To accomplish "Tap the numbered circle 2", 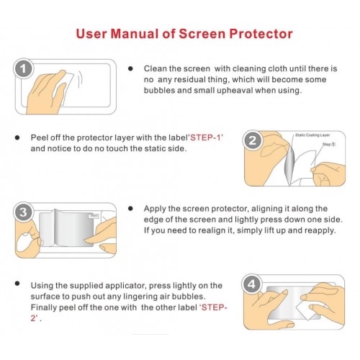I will click(253, 140).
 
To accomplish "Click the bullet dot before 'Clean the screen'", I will click(130, 68).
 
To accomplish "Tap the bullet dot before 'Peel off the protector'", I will click(16, 137).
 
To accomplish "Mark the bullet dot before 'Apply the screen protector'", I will click(130, 208).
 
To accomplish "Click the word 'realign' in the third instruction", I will click(215, 230).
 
